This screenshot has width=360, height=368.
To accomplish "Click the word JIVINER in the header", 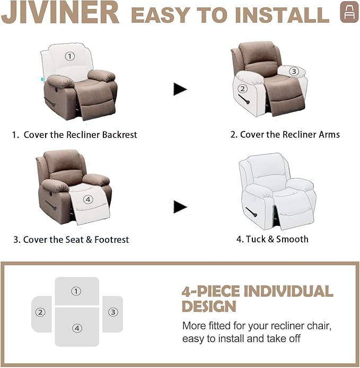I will [x=61, y=13].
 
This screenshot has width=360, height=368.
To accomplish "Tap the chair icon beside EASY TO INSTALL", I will [x=349, y=13].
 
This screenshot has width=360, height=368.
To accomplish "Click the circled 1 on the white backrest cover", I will [x=71, y=56].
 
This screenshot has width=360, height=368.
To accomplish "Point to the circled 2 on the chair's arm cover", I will [x=242, y=89].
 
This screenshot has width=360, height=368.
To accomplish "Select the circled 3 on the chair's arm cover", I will [x=294, y=71].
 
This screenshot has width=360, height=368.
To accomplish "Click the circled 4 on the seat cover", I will [x=88, y=199].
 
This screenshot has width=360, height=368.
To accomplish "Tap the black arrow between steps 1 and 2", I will [x=180, y=89].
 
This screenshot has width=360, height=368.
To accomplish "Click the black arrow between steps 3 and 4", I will [x=180, y=207].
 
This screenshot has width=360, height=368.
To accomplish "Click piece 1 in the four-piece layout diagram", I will [x=77, y=291].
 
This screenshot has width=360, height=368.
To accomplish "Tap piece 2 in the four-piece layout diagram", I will [x=41, y=313].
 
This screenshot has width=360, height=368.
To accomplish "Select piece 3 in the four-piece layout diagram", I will [x=112, y=313].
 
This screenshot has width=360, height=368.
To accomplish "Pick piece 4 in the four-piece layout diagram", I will [x=77, y=328].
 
